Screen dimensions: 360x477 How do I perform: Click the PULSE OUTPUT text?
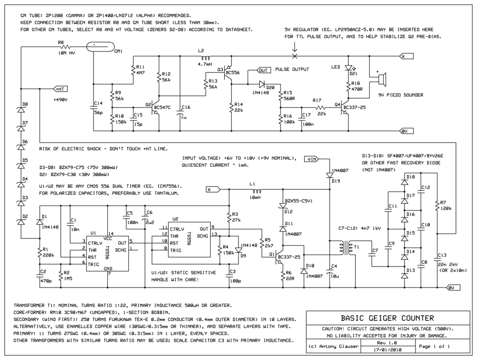[292, 70]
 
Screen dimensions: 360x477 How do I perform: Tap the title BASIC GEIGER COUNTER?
[387, 318]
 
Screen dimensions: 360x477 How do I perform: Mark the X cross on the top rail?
[294, 56]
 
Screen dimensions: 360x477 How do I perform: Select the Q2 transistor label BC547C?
[162, 108]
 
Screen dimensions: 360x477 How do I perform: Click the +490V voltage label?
[61, 101]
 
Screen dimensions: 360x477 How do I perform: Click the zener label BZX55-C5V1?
[299, 202]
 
